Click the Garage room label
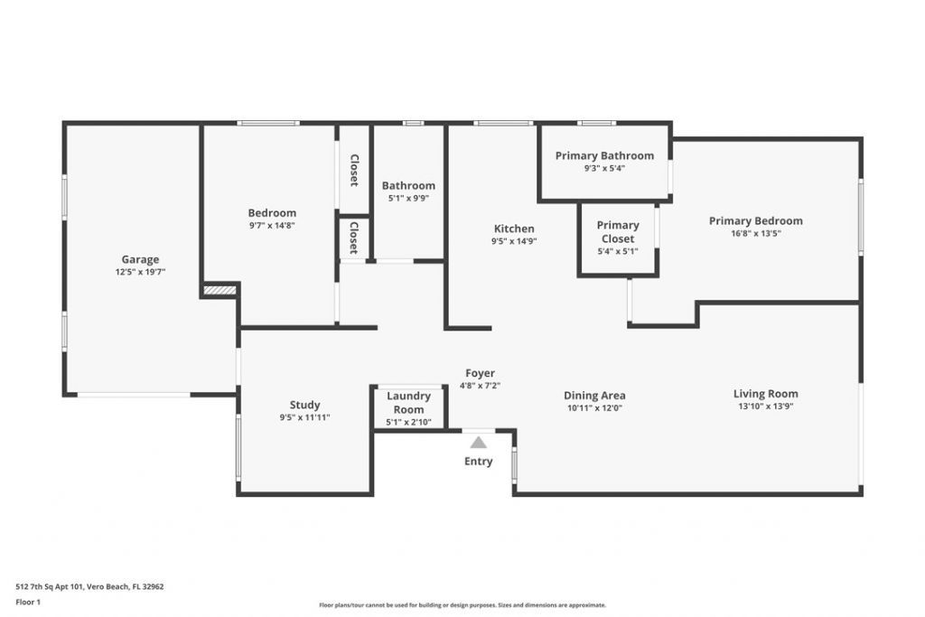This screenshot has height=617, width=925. tap(140, 259)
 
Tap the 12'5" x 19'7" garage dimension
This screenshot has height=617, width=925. tap(140, 272)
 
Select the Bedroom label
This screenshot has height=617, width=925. tap(272, 213)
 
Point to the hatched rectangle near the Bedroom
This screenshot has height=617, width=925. tap(220, 290)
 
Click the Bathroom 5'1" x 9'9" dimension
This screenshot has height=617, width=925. tap(408, 198)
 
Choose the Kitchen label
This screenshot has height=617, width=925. tap(513, 229)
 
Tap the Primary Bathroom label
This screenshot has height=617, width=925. tap(604, 155)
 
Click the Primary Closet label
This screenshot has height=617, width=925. tap(618, 231)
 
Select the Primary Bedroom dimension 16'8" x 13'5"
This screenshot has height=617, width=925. tap(755, 233)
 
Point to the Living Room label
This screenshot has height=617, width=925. tap(765, 393)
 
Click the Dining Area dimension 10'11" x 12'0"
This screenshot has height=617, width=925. tap(594, 407)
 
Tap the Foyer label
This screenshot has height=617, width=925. tap(480, 373)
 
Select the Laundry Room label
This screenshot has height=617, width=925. tap(408, 403)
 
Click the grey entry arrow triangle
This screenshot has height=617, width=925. tap(478, 442)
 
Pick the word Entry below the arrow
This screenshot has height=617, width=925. tap(478, 462)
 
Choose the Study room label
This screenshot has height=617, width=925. tap(304, 405)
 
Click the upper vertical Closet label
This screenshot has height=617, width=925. tap(354, 169)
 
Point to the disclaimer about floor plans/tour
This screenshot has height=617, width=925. tap(462, 605)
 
